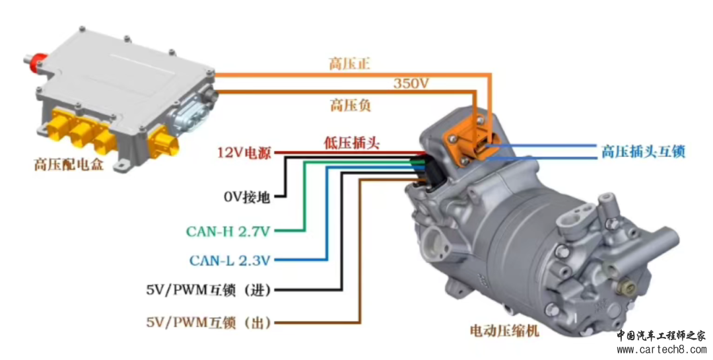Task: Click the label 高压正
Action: point(350,64)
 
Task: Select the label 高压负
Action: point(350,104)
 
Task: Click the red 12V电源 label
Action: point(244,153)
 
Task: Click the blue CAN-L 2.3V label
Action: point(230,260)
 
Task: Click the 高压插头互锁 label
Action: point(642,151)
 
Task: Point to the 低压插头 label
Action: point(351,143)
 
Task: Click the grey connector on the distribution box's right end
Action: point(192,112)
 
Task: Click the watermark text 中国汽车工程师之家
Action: point(661,335)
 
